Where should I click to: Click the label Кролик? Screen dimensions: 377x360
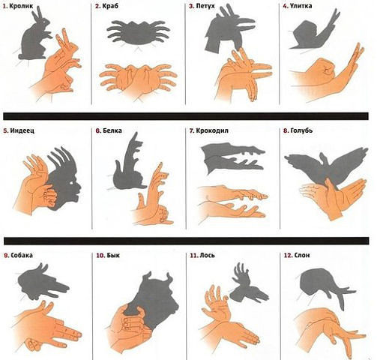pos(21,6)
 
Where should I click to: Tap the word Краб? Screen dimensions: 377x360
pos(110,6)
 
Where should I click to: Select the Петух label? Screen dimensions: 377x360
pos(205,6)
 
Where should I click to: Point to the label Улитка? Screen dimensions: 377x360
pos(301,6)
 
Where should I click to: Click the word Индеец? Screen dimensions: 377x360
pos(22,130)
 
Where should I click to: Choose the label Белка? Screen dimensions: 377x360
pos(112,130)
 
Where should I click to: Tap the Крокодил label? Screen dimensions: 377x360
pos(212,130)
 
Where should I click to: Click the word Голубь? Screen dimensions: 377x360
pos(301,130)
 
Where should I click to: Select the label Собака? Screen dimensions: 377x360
pos(22,255)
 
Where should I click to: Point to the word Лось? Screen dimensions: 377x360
pos(207,255)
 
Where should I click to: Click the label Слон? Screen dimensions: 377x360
pos(302,255)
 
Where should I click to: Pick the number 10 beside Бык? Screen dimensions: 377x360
pos(100,255)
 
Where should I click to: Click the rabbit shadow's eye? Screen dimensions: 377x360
pos(46,22)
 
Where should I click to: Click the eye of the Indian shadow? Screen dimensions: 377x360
pos(73,183)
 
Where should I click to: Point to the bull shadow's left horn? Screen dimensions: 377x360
pos(147,275)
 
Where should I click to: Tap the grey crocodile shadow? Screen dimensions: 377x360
pos(232,158)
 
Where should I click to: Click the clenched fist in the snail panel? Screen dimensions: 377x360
pos(322,68)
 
